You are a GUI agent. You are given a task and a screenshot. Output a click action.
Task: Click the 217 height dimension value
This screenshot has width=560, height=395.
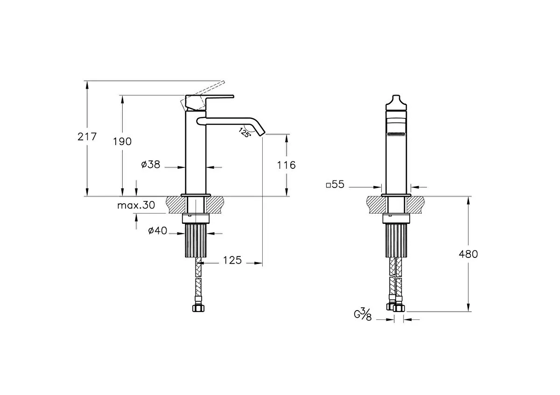[x=87, y=137]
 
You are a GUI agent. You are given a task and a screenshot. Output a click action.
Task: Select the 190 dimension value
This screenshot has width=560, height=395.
[x=122, y=142]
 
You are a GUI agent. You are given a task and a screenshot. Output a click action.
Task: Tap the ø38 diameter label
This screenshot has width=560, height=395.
[x=150, y=165]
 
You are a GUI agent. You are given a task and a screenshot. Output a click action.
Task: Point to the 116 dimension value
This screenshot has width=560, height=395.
[x=286, y=165]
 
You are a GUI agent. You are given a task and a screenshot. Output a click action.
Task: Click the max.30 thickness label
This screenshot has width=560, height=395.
[x=136, y=205]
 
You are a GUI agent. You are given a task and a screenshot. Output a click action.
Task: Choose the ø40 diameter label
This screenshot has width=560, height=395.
[x=158, y=230]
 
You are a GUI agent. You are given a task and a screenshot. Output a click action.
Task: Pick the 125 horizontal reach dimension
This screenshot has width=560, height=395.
[x=232, y=260]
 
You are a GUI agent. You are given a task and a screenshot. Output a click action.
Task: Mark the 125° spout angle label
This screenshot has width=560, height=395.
[x=244, y=132]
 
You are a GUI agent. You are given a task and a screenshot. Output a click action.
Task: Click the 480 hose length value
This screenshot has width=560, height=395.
[x=468, y=254]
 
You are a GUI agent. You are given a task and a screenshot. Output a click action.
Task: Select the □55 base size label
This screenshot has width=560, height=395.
[x=335, y=184]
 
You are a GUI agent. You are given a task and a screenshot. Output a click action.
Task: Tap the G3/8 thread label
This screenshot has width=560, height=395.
[x=363, y=315]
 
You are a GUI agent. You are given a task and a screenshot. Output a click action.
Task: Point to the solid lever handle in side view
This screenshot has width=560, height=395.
[x=210, y=103]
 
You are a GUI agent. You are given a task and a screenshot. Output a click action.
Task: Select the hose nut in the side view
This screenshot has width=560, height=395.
[x=198, y=308]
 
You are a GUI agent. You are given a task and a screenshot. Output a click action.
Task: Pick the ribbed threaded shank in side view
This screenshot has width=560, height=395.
[x=196, y=240]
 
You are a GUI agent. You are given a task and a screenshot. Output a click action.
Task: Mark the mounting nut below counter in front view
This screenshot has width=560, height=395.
[x=396, y=218]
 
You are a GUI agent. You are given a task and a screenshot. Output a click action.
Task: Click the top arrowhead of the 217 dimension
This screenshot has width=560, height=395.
[x=87, y=85]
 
